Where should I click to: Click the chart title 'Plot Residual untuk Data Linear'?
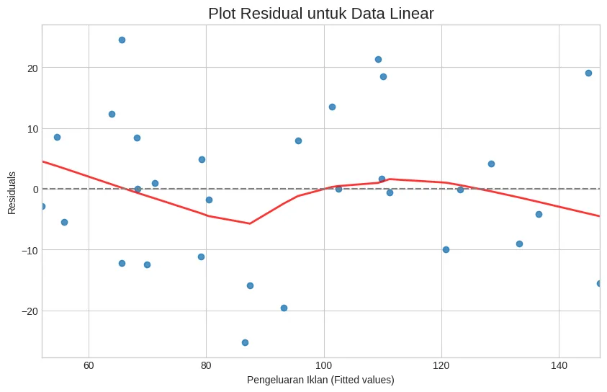(320, 14)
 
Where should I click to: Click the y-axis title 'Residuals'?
(12, 192)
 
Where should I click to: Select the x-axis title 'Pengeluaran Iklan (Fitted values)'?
(320, 380)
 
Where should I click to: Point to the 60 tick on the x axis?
(89, 365)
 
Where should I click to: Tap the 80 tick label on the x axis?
(206, 365)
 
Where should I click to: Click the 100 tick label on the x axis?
(323, 365)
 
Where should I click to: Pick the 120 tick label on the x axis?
(441, 365)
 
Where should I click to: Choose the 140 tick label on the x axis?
(559, 365)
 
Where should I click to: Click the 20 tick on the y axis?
(32, 68)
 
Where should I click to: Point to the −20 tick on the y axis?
(30, 311)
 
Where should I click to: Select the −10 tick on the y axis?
(30, 250)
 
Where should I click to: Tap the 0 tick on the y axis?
(35, 190)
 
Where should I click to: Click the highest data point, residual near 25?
(122, 40)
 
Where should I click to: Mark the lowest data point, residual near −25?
(245, 342)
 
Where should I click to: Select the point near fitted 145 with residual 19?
(588, 73)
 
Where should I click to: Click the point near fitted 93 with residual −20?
(284, 308)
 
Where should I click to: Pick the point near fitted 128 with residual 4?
(491, 164)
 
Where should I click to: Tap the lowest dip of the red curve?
(250, 223)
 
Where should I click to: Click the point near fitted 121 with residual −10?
(446, 249)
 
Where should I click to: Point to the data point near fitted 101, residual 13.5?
(332, 107)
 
